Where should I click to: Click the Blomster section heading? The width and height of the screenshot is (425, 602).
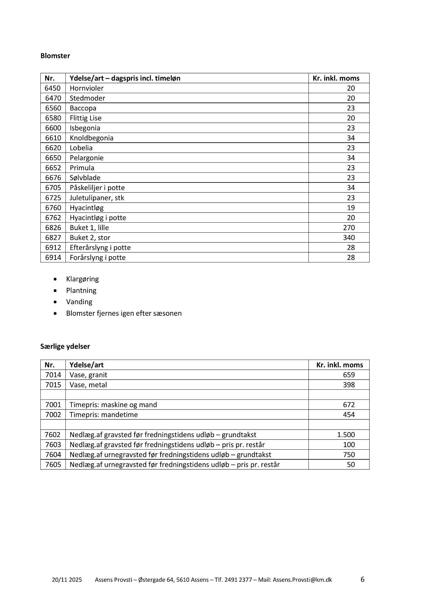coord(55,56)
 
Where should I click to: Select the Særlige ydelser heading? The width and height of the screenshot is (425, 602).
coord(65,346)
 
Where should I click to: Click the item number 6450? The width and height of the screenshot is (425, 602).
coord(53,88)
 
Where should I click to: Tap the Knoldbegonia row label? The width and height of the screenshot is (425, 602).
coord(91,138)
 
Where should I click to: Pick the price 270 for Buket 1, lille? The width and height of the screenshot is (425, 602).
coord(349,228)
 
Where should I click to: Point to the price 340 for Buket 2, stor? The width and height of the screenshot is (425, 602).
coord(349,238)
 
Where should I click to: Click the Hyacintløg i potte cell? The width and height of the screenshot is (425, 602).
coord(98,218)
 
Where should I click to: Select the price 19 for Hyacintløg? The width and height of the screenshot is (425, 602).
coord(351,208)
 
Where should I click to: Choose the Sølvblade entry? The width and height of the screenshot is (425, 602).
coord(85,178)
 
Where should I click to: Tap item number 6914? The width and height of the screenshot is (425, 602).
coord(53,257)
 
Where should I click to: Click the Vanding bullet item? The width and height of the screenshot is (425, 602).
coord(79,302)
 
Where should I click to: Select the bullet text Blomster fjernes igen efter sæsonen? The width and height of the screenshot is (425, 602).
coord(124,313)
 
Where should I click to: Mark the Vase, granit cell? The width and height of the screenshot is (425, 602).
coord(88,375)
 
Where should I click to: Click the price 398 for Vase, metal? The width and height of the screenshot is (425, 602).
coord(349,385)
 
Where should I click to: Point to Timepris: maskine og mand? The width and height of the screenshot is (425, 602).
coord(113,405)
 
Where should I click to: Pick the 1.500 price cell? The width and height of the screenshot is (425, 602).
coord(346,435)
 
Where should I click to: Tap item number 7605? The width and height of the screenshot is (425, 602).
coord(53,465)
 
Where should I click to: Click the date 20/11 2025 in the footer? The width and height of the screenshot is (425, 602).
coord(67,580)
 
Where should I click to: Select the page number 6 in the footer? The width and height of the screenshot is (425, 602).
coord(362,579)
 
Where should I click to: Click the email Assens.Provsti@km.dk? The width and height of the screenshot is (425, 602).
coord(302,580)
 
